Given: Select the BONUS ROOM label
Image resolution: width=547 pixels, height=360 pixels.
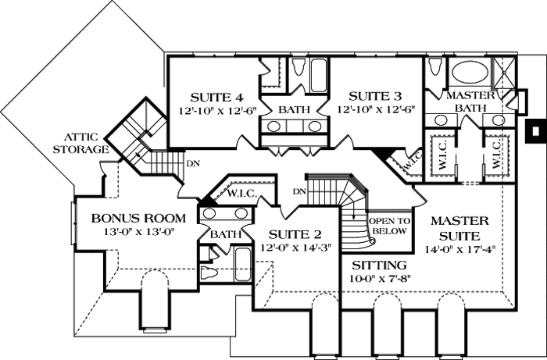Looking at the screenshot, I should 138,218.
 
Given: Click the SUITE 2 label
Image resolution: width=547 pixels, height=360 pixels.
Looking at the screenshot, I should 295,233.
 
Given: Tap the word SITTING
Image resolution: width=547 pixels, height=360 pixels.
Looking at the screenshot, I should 378,265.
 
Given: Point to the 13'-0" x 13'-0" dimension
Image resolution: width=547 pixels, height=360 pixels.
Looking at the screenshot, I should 138,231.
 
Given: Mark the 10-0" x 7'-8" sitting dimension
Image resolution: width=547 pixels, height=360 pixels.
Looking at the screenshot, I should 378,278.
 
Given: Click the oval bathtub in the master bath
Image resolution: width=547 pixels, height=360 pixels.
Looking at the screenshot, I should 468,73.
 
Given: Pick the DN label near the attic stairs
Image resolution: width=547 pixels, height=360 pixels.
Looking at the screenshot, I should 192,163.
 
